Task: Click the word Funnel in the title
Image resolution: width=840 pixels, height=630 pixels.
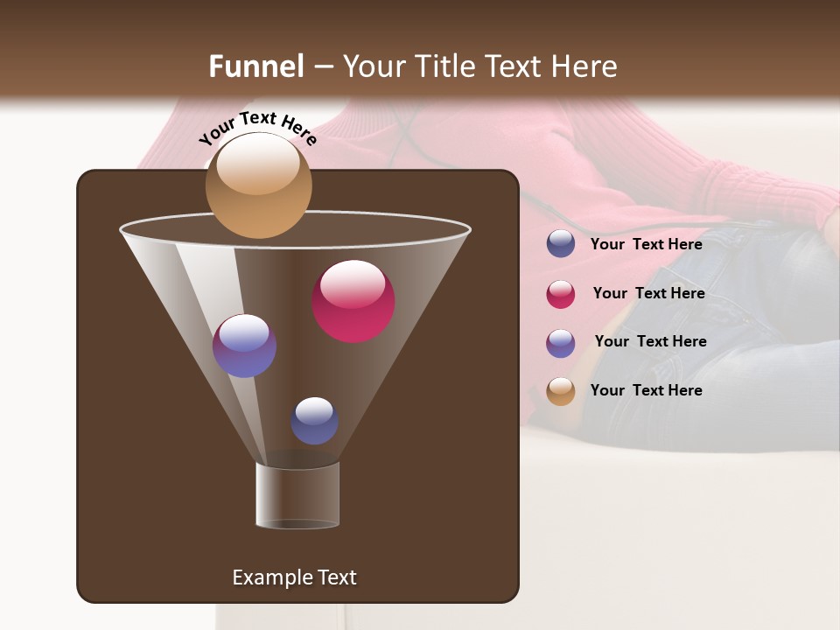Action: click(x=255, y=66)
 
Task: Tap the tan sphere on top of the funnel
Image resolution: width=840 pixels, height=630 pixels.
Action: click(x=258, y=185)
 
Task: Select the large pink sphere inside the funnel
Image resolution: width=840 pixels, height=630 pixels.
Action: click(x=353, y=302)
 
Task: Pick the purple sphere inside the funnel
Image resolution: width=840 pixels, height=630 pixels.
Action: click(x=244, y=346)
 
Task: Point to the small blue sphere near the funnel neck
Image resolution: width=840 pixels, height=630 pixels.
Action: click(x=314, y=420)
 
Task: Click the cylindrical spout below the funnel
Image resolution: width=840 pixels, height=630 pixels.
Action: click(x=297, y=496)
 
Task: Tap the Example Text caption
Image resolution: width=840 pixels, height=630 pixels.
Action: click(x=294, y=577)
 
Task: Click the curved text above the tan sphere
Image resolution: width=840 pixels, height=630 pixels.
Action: click(x=257, y=127)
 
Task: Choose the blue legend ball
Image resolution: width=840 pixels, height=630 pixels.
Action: click(x=561, y=244)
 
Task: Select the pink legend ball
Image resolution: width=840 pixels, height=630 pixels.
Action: click(x=561, y=294)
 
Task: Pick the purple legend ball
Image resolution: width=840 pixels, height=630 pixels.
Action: click(x=561, y=343)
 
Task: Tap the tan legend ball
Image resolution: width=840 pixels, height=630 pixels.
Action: click(x=561, y=391)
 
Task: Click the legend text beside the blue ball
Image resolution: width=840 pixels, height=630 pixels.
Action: click(x=646, y=244)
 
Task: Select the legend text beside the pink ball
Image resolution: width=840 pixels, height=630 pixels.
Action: click(x=648, y=293)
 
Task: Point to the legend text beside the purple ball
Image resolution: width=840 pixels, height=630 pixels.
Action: click(x=650, y=341)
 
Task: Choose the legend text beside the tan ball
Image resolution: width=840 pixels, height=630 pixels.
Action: click(x=646, y=390)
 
